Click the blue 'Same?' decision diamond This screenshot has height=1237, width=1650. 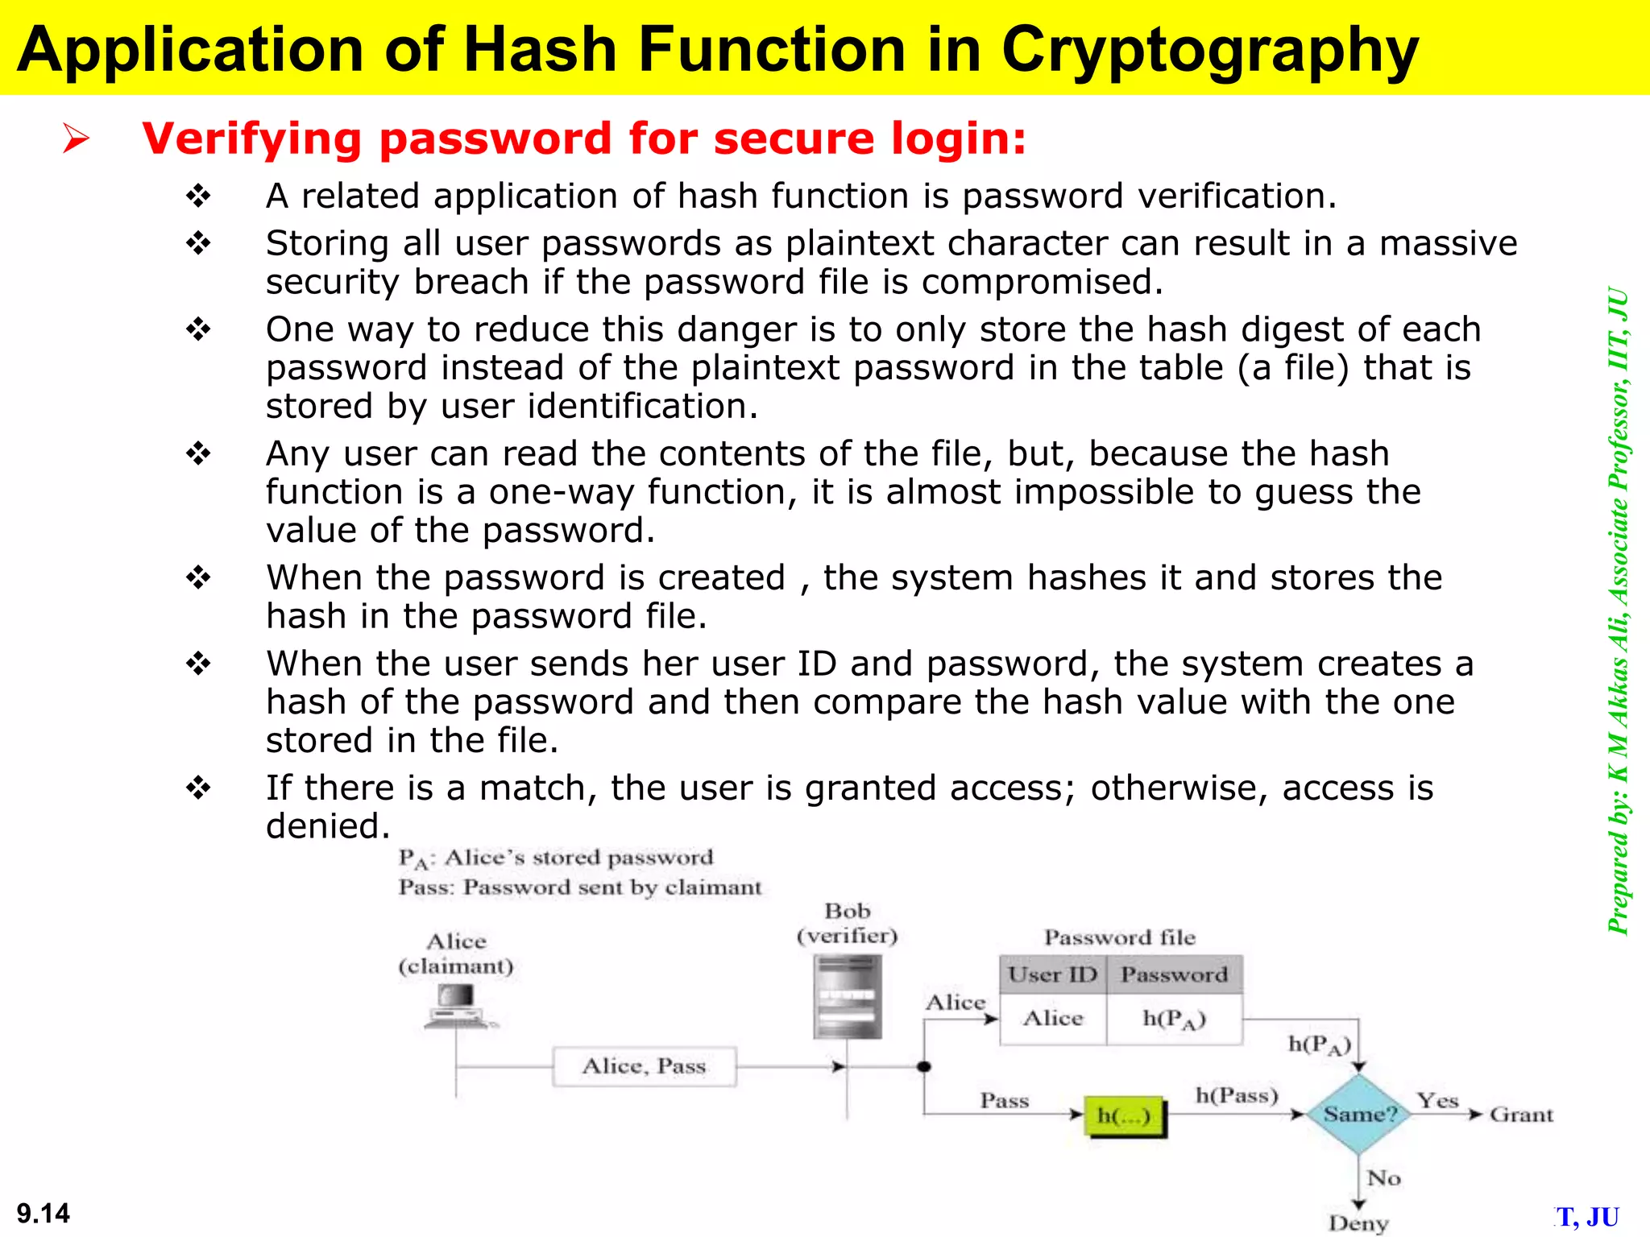[x=1358, y=1114]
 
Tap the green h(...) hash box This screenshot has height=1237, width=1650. [x=1125, y=1115]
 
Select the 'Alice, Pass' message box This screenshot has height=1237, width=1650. [x=644, y=1066]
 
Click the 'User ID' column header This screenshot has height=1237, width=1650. [x=1052, y=974]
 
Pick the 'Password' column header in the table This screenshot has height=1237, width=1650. [x=1174, y=974]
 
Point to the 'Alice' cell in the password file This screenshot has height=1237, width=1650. [x=1052, y=1019]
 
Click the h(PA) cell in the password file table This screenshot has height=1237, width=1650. [x=1174, y=1020]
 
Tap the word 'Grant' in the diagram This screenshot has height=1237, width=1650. [x=1521, y=1115]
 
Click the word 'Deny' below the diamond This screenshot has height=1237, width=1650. [x=1358, y=1223]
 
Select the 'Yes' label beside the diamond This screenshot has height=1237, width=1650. [x=1437, y=1100]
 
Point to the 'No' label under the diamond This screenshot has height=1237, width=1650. [x=1383, y=1178]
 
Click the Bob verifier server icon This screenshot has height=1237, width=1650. [x=847, y=996]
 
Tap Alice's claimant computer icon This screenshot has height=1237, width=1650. [x=457, y=1007]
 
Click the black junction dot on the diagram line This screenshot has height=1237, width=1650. [x=924, y=1067]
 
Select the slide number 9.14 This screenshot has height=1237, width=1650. [x=44, y=1213]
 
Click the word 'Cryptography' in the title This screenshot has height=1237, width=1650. [x=1208, y=50]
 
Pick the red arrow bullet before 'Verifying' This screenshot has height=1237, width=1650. [x=77, y=139]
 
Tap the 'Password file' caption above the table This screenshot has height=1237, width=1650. [x=1120, y=937]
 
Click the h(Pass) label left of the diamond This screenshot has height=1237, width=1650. [x=1237, y=1095]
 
